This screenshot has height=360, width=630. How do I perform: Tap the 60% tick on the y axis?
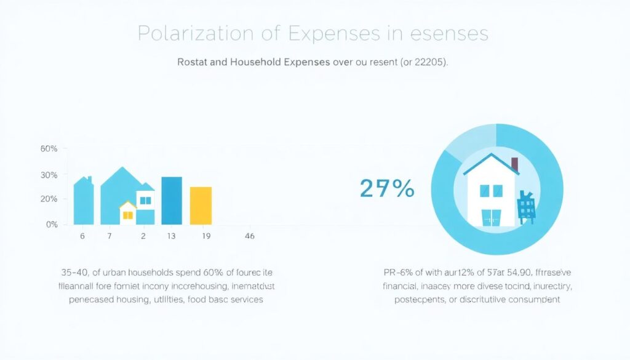click(x=49, y=149)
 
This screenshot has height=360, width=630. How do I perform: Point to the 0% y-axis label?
click(x=52, y=225)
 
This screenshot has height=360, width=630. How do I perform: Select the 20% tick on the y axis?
click(x=49, y=199)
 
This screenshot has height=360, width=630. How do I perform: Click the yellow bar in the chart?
click(x=201, y=206)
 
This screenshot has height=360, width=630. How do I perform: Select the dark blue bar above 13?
click(x=172, y=201)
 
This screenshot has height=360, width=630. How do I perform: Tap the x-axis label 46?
click(x=250, y=236)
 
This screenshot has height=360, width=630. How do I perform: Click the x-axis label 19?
click(x=205, y=236)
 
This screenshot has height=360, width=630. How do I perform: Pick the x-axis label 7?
click(x=110, y=236)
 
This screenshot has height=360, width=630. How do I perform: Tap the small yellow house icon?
click(x=128, y=213)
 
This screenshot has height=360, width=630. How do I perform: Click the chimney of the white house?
click(x=514, y=164)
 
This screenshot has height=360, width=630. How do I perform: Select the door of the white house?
click(x=490, y=217)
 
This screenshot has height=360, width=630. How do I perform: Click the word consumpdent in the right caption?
click(x=528, y=300)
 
